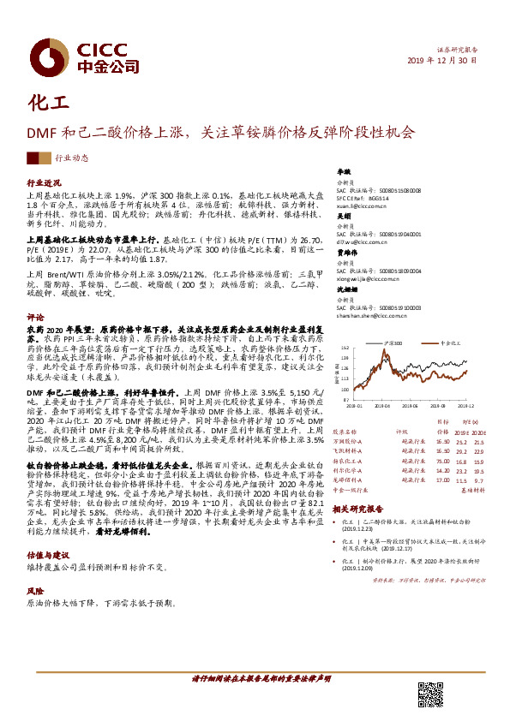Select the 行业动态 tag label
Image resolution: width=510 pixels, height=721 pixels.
[72, 158]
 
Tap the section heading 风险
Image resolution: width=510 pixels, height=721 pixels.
[35, 591]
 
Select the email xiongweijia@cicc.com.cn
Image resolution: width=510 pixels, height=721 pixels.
[367, 278]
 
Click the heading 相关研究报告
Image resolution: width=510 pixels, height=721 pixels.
[358, 509]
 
